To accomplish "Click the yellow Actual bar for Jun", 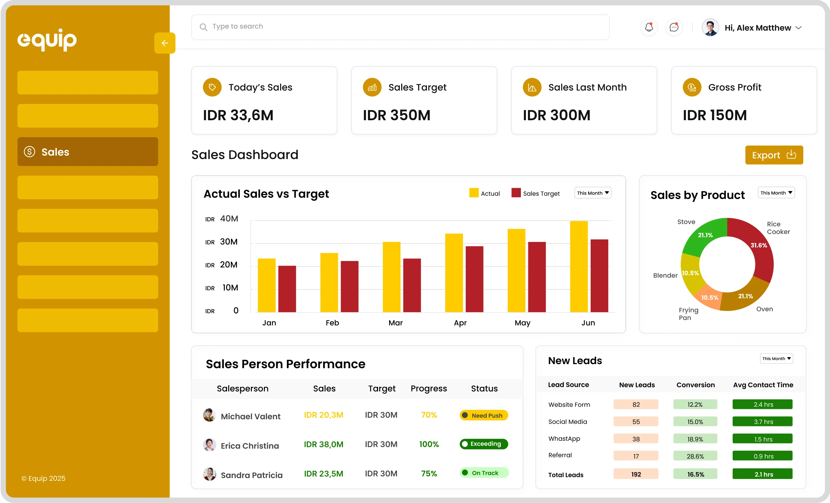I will pos(579,266).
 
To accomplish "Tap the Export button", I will pos(774,155).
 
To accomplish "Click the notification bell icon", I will pos(648,27).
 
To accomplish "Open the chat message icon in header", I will pos(674,27).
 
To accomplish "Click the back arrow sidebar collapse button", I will pos(165,43).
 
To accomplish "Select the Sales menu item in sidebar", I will pos(88,152).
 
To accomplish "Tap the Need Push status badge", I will pos(483,415).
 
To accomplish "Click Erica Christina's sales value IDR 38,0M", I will pos(324,444).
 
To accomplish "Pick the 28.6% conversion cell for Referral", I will pos(695,456).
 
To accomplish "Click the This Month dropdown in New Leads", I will pos(776,358).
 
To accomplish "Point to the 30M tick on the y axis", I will pos(228,242).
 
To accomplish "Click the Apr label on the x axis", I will pos(460,323).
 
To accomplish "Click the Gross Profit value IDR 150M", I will pos(715,115).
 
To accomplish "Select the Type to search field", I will pos(400,27).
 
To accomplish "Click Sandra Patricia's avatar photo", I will pos(209,474).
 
